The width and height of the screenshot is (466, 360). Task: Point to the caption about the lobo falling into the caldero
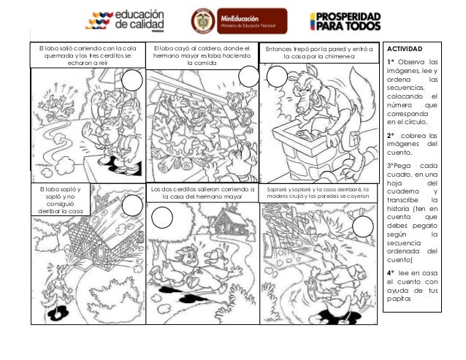(201, 56)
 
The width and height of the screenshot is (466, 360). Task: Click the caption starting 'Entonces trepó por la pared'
(318, 53)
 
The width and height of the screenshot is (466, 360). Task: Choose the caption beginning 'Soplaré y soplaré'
(318, 192)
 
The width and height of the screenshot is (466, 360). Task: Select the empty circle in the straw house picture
(131, 207)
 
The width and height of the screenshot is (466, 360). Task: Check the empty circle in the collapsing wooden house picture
(362, 228)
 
